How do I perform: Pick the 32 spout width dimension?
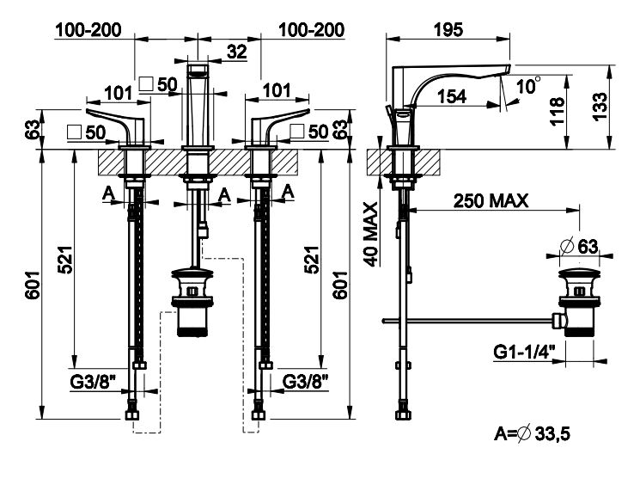pyautogui.click(x=237, y=52)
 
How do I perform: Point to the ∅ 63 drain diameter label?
pyautogui.click(x=577, y=247)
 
